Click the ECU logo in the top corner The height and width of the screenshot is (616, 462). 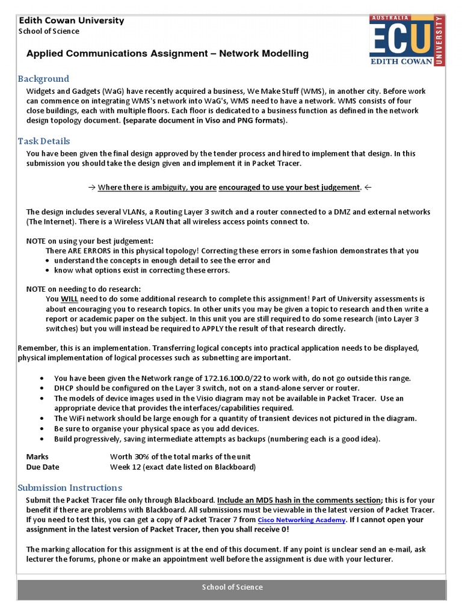point(407,41)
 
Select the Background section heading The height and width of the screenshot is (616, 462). point(43,79)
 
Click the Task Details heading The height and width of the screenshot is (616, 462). point(44,141)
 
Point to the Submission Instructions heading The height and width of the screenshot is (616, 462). point(70,487)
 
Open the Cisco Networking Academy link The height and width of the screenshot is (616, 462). point(301,520)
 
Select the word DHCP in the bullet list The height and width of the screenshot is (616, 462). point(64,388)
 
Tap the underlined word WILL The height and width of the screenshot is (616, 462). point(69,299)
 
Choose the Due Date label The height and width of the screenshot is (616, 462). point(43,467)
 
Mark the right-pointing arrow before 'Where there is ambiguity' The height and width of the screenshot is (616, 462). point(92,188)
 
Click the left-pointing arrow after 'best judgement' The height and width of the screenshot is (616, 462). point(368,188)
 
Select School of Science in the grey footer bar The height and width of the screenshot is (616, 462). point(232,587)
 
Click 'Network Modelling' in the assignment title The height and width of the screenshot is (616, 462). point(263,54)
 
